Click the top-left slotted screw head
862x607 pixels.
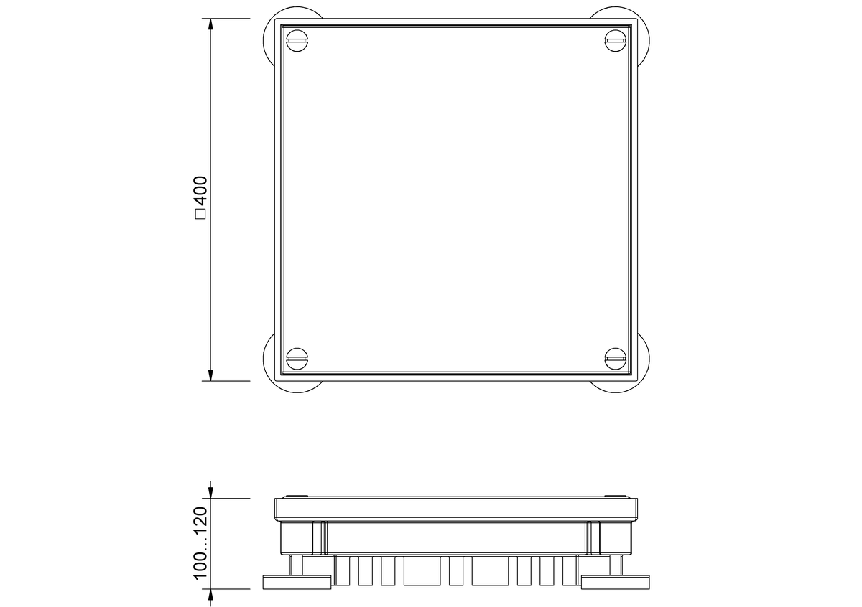coord(297,40)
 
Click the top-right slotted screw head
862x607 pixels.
coord(616,40)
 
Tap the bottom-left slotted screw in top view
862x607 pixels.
coord(297,359)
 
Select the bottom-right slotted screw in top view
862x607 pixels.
coord(616,359)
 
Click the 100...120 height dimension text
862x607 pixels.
coord(201,543)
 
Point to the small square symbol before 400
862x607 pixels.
coord(201,214)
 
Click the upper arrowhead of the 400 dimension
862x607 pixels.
coord(210,24)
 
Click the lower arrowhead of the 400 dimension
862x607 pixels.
coord(210,375)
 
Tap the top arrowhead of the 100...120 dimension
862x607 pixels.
coord(210,492)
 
